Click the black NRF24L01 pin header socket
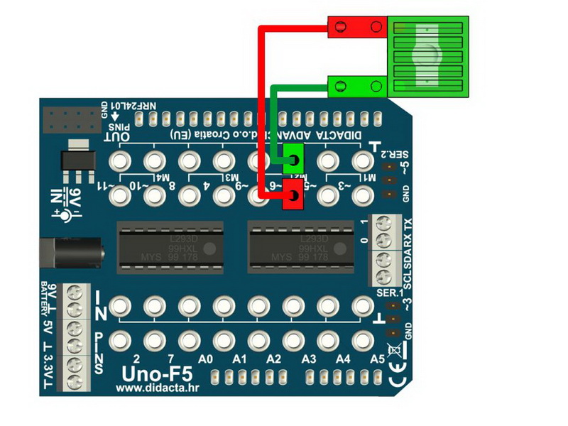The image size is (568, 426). (70, 119)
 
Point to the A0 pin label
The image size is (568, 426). (206, 359)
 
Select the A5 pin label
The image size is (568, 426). (377, 359)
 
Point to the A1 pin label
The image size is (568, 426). (239, 359)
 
